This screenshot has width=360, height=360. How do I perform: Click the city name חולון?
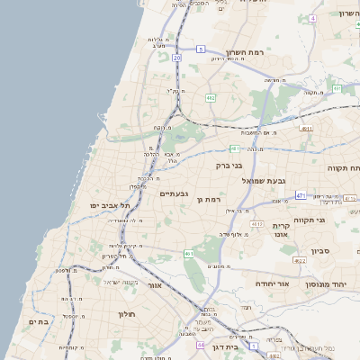coord(125,315)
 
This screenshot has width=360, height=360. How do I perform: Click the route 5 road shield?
coord(201,49)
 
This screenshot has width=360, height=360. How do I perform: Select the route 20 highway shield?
coord(177,58)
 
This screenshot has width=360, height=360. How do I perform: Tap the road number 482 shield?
coord(210,96)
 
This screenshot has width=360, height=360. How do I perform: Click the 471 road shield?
coord(300,195)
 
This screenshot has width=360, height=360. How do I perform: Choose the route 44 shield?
coord(200,345)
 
